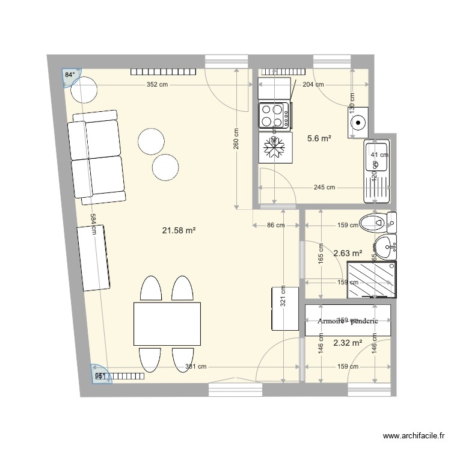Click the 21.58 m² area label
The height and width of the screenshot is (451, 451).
(x=179, y=230)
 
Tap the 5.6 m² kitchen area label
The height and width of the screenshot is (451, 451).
(x=319, y=138)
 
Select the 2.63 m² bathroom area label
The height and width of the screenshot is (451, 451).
(x=348, y=253)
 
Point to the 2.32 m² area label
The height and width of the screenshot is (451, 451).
(x=348, y=343)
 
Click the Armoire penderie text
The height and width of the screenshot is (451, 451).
(x=348, y=321)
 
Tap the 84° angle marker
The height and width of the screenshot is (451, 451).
(x=70, y=75)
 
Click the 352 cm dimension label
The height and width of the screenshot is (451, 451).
(x=156, y=85)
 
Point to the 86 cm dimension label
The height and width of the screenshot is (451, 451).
(x=275, y=226)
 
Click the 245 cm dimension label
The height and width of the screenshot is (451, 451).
(x=325, y=188)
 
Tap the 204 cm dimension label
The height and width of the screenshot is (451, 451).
(x=313, y=85)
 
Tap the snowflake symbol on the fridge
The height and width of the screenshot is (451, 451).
(x=274, y=147)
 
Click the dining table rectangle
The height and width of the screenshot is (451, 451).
(x=167, y=324)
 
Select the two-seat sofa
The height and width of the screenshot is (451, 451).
(x=97, y=158)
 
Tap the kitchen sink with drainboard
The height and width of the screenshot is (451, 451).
(x=376, y=171)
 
